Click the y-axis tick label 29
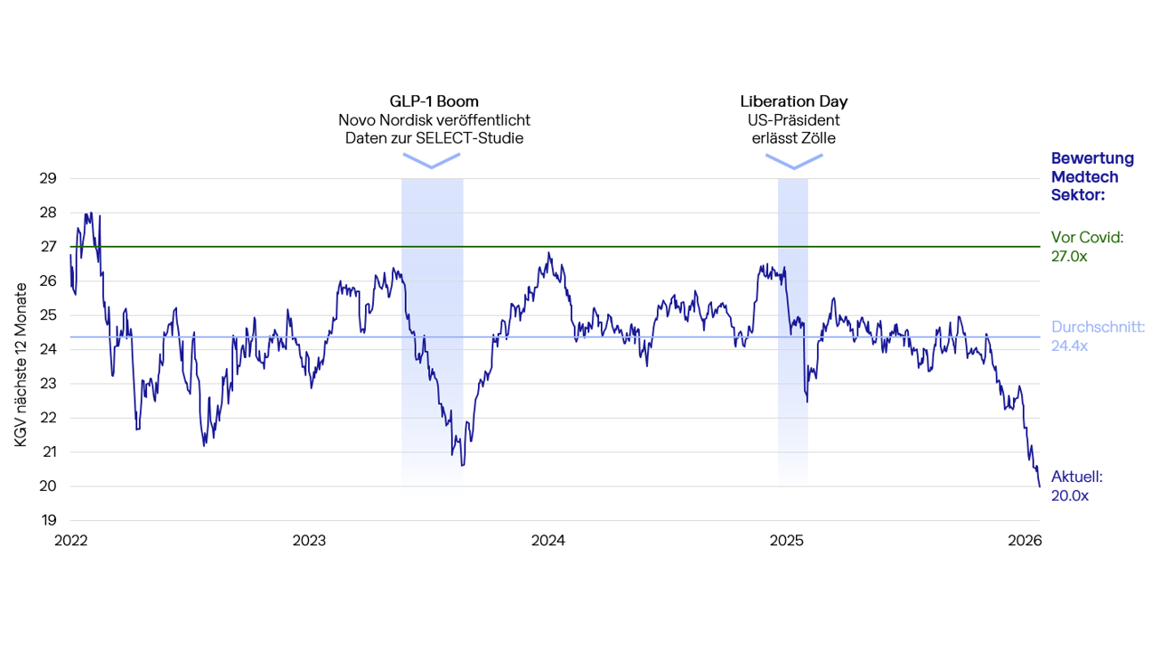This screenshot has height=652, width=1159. (48, 178)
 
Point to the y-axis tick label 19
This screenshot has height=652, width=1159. (48, 520)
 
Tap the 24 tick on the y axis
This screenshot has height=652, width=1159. (48, 349)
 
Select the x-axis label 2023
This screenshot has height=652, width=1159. (309, 541)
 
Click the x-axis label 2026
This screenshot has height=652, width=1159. (1025, 541)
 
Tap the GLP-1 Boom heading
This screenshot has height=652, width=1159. (434, 102)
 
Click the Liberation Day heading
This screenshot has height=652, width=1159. (794, 102)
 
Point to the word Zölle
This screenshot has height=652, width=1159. (818, 138)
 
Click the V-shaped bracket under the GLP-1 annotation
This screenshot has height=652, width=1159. (432, 160)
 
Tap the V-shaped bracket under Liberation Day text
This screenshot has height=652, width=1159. (794, 161)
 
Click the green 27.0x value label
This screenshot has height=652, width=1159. (1069, 257)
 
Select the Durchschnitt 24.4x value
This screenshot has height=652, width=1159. (1069, 346)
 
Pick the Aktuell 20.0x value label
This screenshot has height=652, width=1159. (1069, 495)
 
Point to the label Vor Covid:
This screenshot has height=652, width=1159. (1087, 238)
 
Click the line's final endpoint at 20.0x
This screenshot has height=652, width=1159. (1039, 485)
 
